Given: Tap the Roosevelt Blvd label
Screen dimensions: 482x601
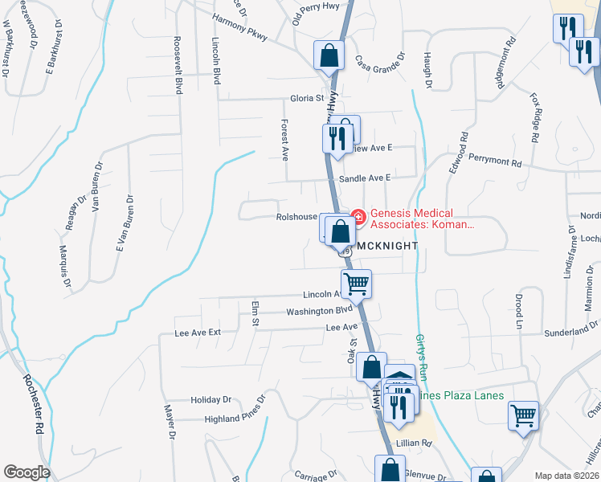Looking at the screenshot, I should pyautogui.click(x=178, y=64).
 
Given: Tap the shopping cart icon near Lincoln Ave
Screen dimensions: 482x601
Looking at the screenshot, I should pyautogui.click(x=355, y=283).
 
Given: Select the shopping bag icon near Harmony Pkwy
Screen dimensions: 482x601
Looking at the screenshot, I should pyautogui.click(x=329, y=55).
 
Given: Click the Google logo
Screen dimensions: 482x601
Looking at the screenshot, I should pyautogui.click(x=27, y=472).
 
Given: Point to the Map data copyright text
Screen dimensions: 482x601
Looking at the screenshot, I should pyautogui.click(x=566, y=476).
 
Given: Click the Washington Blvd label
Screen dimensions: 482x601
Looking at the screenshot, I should pyautogui.click(x=320, y=311).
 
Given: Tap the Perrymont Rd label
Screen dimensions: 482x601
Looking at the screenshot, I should pyautogui.click(x=495, y=161).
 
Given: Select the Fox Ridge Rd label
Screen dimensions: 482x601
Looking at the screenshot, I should pyautogui.click(x=535, y=116).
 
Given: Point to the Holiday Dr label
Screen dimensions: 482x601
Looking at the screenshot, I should pyautogui.click(x=211, y=399).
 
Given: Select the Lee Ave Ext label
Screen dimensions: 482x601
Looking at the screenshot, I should pyautogui.click(x=198, y=332).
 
